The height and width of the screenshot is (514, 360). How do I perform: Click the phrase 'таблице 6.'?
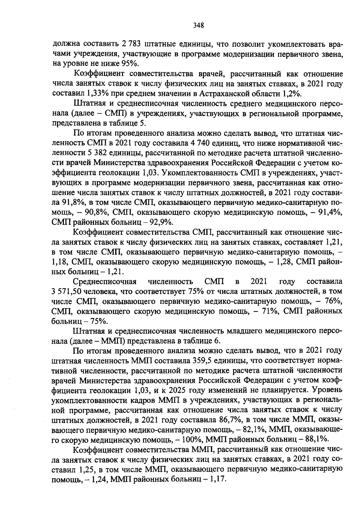click(206, 341)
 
